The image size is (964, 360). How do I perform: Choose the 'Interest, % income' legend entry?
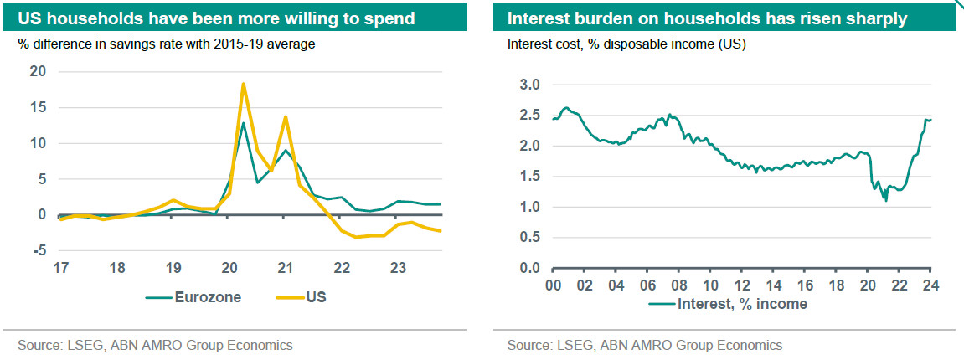[728, 304]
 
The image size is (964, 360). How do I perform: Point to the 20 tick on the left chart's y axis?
[38, 71]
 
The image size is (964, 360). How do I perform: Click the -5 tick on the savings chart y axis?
[38, 250]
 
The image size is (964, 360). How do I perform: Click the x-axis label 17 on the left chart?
[60, 268]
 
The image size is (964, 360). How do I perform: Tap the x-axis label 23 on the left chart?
[398, 268]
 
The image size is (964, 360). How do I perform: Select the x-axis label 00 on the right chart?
[553, 285]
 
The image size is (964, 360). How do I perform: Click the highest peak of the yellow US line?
[243, 84]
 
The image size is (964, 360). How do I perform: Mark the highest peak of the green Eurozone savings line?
[243, 123]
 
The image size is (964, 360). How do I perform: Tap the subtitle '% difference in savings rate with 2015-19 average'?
[166, 44]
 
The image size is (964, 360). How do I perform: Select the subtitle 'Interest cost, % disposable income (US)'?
[626, 44]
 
